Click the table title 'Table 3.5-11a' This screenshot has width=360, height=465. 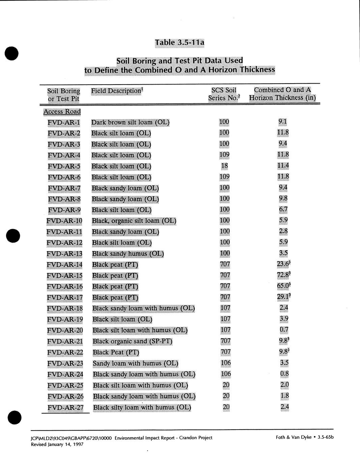coord(179,43)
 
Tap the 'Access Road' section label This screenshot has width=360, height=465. coord(62,112)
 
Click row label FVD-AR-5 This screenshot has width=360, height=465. coord(64,166)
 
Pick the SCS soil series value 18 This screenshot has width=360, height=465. coord(224,165)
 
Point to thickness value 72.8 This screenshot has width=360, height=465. coord(283,275)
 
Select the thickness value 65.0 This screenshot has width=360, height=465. coord(283,286)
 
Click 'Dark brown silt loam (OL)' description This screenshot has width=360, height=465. coord(130,122)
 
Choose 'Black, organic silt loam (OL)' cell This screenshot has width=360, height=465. coord(134,221)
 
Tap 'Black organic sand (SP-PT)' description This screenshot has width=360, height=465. coord(132,341)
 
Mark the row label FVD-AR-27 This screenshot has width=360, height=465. coord(65,407)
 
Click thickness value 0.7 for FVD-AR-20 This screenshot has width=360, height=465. coord(284,330)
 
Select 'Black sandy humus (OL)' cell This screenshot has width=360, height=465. coord(128,254)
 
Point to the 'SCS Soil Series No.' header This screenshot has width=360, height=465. coord(224,94)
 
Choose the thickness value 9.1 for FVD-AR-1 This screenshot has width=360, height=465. coord(283,122)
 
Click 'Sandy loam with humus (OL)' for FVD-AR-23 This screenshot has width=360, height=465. coord(135,363)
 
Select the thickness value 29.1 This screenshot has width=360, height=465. coord(283,297)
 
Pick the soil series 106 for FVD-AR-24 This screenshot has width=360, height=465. coord(226,374)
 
